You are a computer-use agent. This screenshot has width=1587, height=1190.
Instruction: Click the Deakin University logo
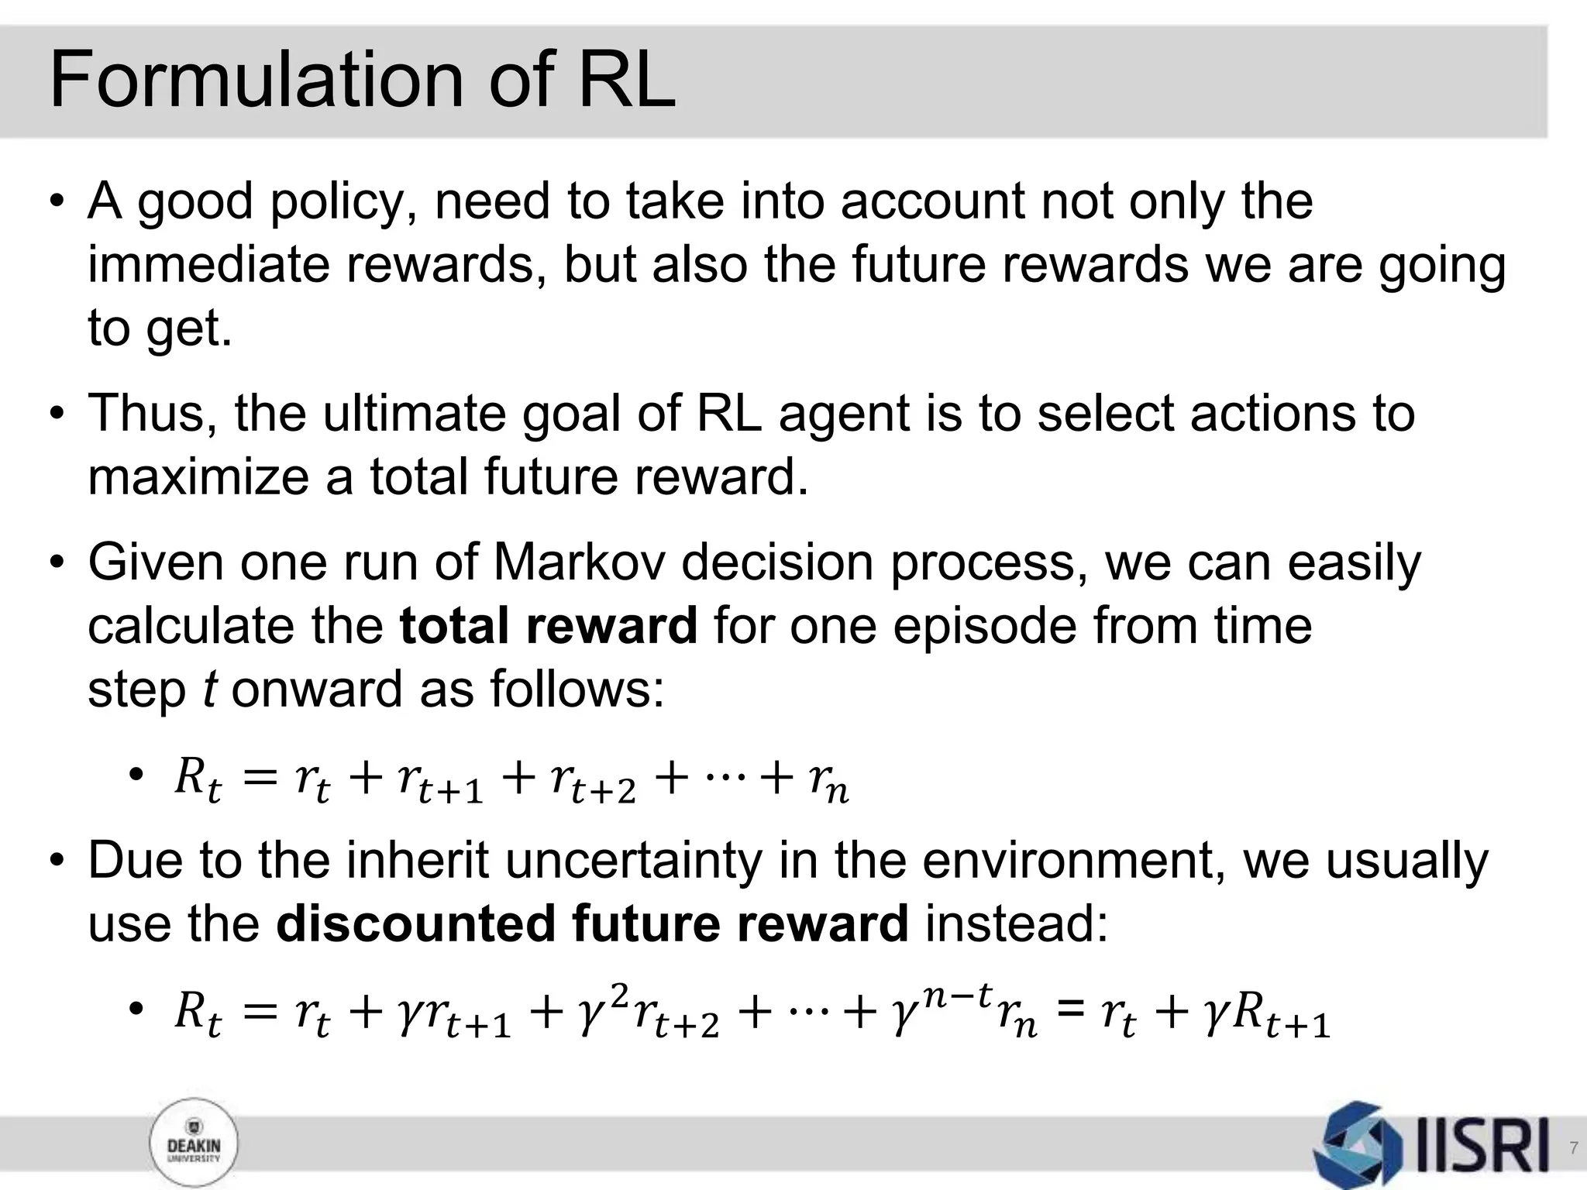[x=194, y=1145]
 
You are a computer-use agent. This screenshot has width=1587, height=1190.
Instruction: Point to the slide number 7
[x=1573, y=1147]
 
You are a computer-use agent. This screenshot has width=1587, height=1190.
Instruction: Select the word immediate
[x=208, y=265]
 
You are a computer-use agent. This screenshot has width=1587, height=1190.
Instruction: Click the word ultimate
[x=414, y=414]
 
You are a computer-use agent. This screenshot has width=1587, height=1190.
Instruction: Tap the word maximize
[x=198, y=477]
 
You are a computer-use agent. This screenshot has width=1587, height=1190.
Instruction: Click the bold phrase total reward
[x=549, y=626]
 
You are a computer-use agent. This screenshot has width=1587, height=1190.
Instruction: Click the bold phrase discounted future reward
[x=592, y=924]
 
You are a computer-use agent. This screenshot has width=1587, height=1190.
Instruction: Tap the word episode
[x=984, y=626]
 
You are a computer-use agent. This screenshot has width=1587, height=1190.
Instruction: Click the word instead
[x=1017, y=924]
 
